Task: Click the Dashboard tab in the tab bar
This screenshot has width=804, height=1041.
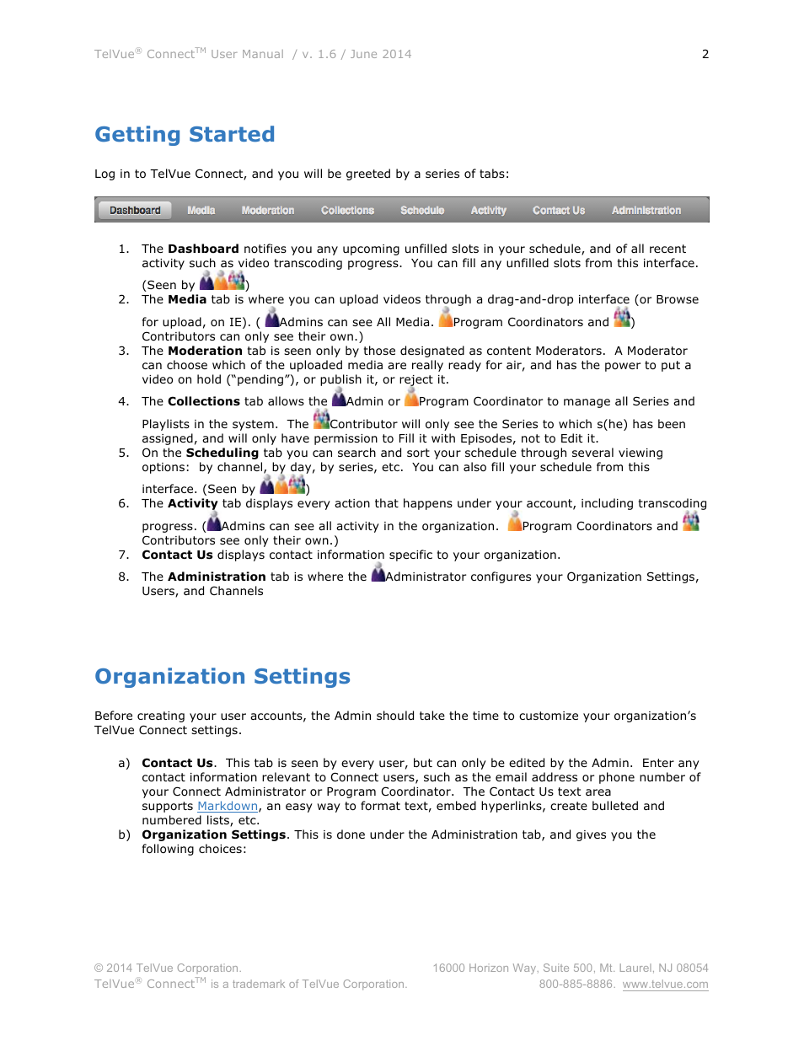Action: pyautogui.click(x=135, y=210)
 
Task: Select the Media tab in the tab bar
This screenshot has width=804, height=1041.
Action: pyautogui.click(x=201, y=210)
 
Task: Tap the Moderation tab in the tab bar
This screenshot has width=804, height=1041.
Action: pyautogui.click(x=267, y=210)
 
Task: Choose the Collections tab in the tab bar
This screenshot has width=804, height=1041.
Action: pyautogui.click(x=347, y=210)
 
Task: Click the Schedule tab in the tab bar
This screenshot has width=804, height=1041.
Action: pyautogui.click(x=421, y=210)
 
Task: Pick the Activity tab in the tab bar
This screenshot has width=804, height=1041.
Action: pyautogui.click(x=488, y=210)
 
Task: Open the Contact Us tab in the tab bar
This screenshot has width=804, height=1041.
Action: pyautogui.click(x=558, y=210)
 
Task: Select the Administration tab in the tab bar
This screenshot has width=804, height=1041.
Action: pyautogui.click(x=646, y=210)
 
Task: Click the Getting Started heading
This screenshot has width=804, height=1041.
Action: pyautogui.click(x=185, y=135)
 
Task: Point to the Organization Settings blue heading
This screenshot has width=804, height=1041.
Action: pyautogui.click(x=222, y=677)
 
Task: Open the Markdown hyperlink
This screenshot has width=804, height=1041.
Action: pyautogui.click(x=228, y=807)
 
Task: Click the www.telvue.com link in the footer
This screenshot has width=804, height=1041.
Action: pyautogui.click(x=665, y=985)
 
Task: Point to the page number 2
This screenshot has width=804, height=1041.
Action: pyautogui.click(x=705, y=54)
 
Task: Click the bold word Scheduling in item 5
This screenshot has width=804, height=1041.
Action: pyautogui.click(x=222, y=453)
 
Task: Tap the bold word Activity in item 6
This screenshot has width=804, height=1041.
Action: pyautogui.click(x=192, y=504)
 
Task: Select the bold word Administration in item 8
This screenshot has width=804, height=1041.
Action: pyautogui.click(x=217, y=577)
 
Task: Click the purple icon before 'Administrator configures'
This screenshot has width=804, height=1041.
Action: pyautogui.click(x=378, y=573)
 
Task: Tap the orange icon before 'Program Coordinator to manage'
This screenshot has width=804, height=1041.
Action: pyautogui.click(x=411, y=398)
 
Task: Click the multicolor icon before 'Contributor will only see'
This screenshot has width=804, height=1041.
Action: pyautogui.click(x=321, y=419)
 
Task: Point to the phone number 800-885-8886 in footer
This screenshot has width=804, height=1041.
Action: pyautogui.click(x=576, y=985)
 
